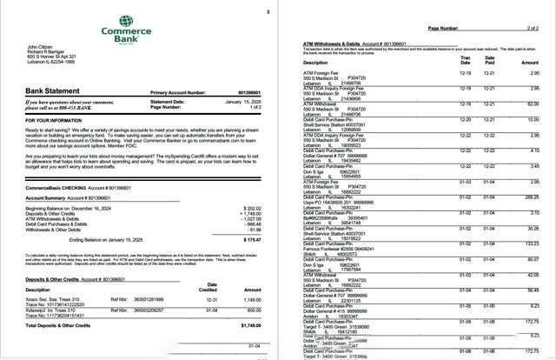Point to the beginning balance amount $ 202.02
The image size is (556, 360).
250,209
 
